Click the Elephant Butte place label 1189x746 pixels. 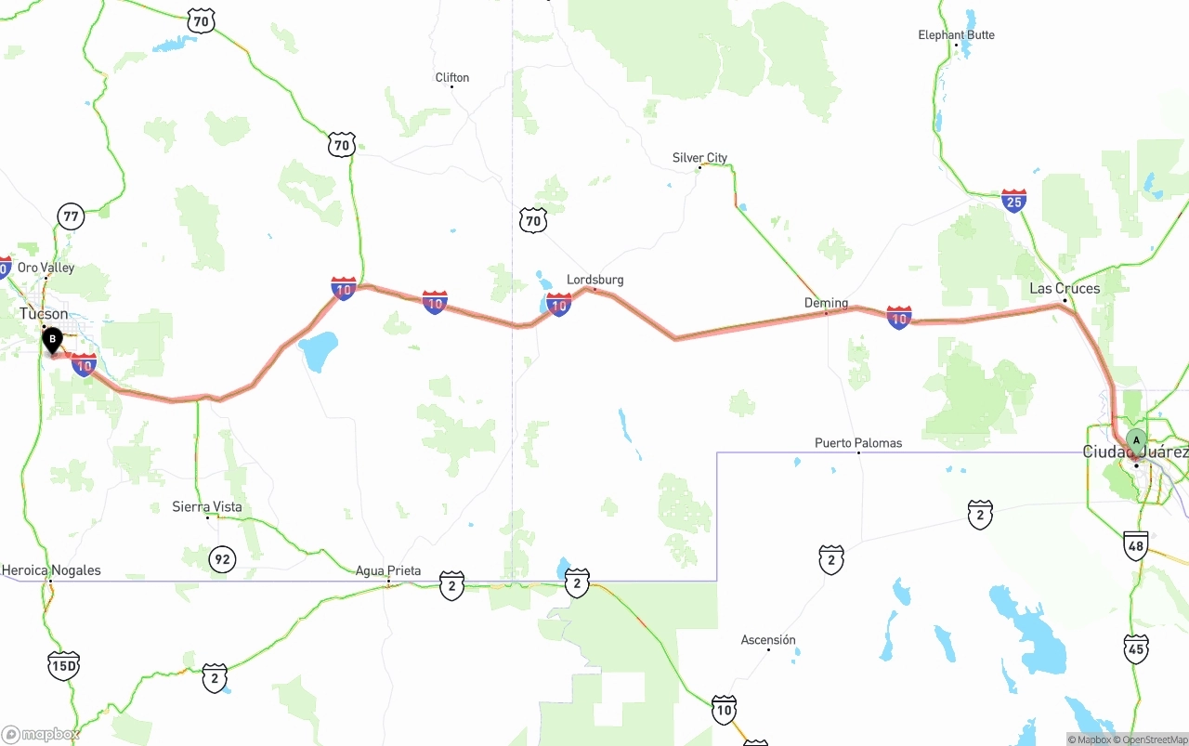[x=956, y=35]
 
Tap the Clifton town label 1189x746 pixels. [x=452, y=78]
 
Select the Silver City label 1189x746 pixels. [x=699, y=158]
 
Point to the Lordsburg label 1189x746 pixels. [x=594, y=280]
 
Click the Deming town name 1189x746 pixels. [x=826, y=303]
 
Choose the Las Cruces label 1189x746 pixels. [x=1065, y=289]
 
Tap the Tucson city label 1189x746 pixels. [x=44, y=314]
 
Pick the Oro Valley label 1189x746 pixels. [x=46, y=268]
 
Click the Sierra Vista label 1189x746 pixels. [x=207, y=507]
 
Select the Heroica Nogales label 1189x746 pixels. [x=51, y=570]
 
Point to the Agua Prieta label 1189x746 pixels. [x=388, y=571]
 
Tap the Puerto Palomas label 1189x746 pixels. [x=858, y=443]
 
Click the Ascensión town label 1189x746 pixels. [x=768, y=640]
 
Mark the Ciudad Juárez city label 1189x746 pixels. [x=1135, y=452]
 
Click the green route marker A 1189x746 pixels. [x=1135, y=439]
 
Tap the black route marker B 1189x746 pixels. [x=52, y=340]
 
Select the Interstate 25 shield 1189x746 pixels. [x=1013, y=200]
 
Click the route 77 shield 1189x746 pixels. [x=71, y=217]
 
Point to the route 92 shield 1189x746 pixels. [x=221, y=559]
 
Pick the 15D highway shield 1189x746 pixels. [x=63, y=665]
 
